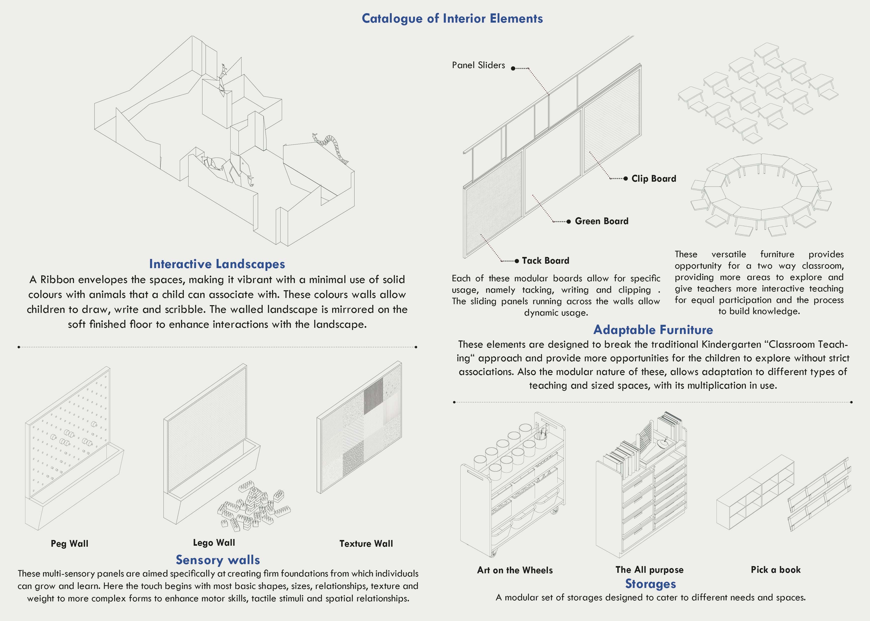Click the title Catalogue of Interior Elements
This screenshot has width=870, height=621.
(x=452, y=18)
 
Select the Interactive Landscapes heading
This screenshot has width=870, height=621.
(x=217, y=264)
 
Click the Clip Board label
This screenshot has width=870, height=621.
(x=653, y=179)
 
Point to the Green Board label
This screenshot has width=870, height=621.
(x=601, y=221)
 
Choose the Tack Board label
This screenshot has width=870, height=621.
(x=545, y=261)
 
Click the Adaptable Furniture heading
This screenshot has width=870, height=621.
(x=653, y=330)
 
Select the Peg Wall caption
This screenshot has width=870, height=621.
(x=69, y=543)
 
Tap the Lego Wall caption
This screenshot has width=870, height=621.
(x=214, y=543)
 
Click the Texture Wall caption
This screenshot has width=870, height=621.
(x=366, y=543)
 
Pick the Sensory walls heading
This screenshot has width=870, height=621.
(x=218, y=560)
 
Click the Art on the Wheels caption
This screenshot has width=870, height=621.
(x=515, y=570)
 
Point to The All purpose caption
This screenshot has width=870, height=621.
(x=649, y=570)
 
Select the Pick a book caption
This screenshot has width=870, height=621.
(x=775, y=570)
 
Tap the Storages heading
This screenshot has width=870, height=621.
(x=650, y=584)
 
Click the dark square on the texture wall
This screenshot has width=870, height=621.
(x=373, y=396)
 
